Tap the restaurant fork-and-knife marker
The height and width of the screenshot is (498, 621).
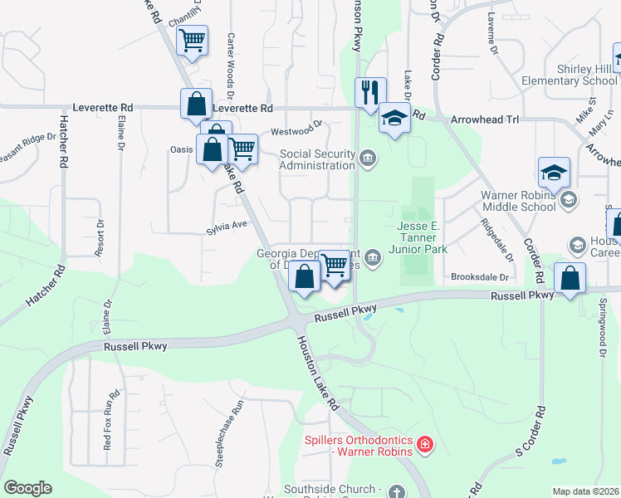click(370, 91)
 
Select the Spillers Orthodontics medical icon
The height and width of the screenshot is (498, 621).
click(425, 445)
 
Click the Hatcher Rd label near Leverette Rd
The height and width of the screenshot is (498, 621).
click(63, 141)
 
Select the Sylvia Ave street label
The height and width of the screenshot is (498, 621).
click(227, 224)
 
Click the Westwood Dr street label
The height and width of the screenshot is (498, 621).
click(296, 129)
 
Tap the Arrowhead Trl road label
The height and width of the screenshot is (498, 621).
click(484, 120)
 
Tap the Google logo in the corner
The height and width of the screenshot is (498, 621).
click(27, 488)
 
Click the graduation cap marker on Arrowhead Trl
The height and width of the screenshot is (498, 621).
click(395, 117)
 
